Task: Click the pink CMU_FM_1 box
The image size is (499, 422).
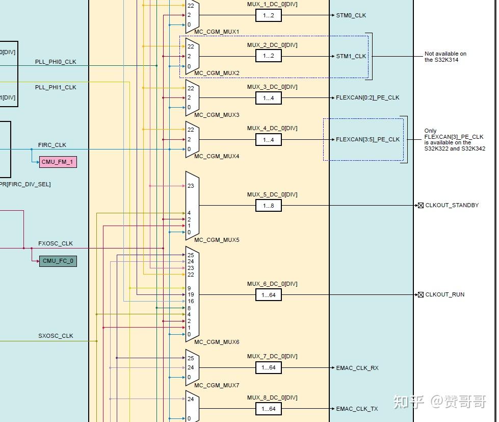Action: (58, 162)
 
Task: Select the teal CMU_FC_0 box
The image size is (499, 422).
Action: (58, 261)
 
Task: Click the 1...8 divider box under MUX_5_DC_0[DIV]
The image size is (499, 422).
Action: (269, 206)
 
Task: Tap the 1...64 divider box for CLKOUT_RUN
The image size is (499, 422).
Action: (269, 295)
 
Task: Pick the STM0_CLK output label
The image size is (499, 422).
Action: (351, 15)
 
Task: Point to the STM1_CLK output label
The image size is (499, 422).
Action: (351, 56)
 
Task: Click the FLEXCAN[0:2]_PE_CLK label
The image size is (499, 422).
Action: (367, 97)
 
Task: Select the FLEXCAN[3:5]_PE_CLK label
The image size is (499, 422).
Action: (367, 139)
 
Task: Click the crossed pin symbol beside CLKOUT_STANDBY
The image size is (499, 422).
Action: (421, 206)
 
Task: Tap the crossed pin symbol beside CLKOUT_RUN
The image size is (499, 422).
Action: (421, 294)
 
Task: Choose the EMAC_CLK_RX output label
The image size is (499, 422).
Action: (357, 368)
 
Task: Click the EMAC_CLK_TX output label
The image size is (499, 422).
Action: (357, 409)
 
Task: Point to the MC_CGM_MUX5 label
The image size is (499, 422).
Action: (217, 240)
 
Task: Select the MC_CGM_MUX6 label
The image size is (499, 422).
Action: (217, 342)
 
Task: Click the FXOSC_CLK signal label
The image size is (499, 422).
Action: (56, 243)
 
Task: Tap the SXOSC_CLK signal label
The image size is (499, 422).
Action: (56, 336)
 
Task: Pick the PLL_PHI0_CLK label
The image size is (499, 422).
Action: (56, 62)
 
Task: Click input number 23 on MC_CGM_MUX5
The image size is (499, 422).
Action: (191, 186)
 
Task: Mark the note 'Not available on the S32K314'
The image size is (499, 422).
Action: (445, 57)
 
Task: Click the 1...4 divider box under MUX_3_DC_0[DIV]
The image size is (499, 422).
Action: (269, 98)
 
